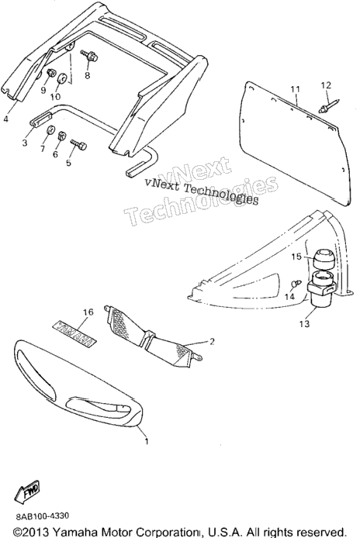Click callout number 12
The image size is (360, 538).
coord(326,84)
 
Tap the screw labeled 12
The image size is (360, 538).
coord(329,105)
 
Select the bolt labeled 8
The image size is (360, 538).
coord(89,56)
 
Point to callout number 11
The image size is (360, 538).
coord(296,89)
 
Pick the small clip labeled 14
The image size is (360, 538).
coord(296,284)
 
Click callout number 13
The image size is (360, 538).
coord(304,323)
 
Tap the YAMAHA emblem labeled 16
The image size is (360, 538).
coord(74,333)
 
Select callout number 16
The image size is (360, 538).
coord(88,312)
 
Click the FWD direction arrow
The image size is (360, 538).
coord(28,493)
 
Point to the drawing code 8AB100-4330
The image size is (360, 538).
coord(42,516)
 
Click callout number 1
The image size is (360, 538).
coord(147,441)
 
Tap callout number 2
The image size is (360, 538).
coord(212,341)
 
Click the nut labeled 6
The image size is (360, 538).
coord(62,135)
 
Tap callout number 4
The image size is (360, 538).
coord(5,119)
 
